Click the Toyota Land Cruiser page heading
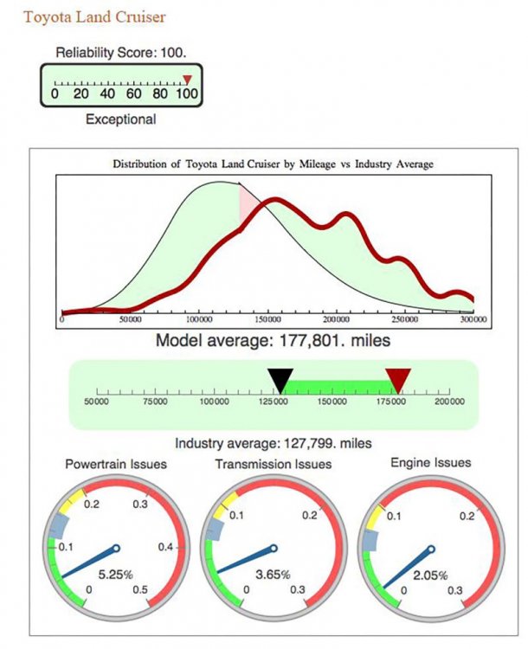pos(94,16)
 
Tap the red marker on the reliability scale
pos(186,80)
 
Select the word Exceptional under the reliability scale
pos(121,119)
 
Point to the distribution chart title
pos(267,163)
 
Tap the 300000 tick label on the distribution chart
pos(473,320)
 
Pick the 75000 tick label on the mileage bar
pos(156,402)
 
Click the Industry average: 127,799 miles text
pos(274,443)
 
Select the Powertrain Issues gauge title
pos(116,465)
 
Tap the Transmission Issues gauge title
pos(272,465)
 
